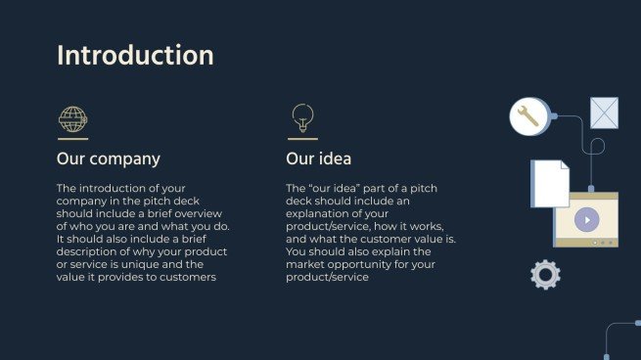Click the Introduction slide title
pyautogui.click(x=135, y=55)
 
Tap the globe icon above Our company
pyautogui.click(x=72, y=119)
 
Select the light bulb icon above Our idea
pyautogui.click(x=302, y=117)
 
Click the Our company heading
pyautogui.click(x=109, y=158)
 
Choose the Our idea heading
pyautogui.click(x=318, y=158)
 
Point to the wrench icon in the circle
pyautogui.click(x=527, y=116)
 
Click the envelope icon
pyautogui.click(x=604, y=112)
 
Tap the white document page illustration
pyautogui.click(x=550, y=183)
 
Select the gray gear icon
pyautogui.click(x=545, y=275)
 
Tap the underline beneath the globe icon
pyautogui.click(x=72, y=139)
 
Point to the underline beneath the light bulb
pyautogui.click(x=302, y=139)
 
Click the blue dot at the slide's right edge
pyautogui.click(x=637, y=322)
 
